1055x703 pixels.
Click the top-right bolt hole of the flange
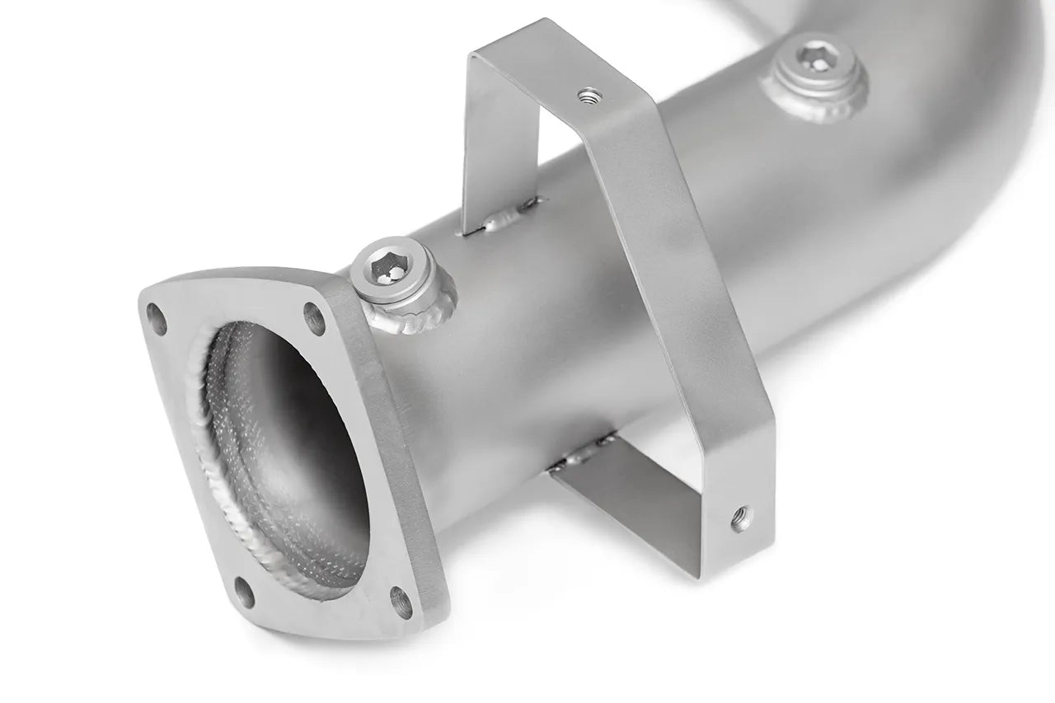click(313, 314)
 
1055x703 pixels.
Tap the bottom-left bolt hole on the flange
click(245, 592)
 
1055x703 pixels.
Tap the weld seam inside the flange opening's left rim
click(206, 429)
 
